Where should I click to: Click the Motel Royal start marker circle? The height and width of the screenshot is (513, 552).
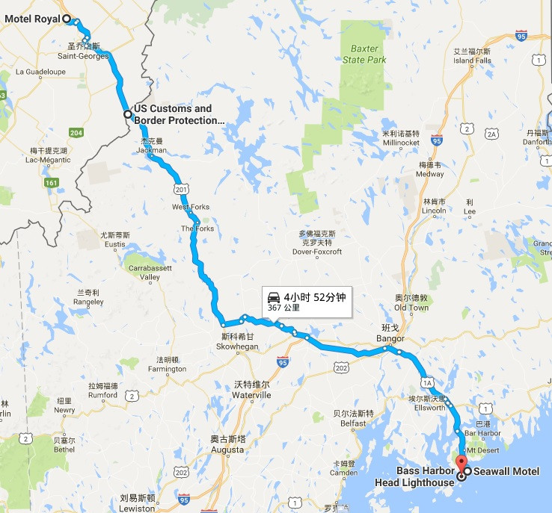pyautogui.click(x=67, y=19)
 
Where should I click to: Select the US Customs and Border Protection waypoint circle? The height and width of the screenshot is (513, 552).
pyautogui.click(x=128, y=114)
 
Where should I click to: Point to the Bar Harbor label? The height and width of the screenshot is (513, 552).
pyautogui.click(x=482, y=433)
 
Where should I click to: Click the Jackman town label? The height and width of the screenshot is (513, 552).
pyautogui.click(x=151, y=149)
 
